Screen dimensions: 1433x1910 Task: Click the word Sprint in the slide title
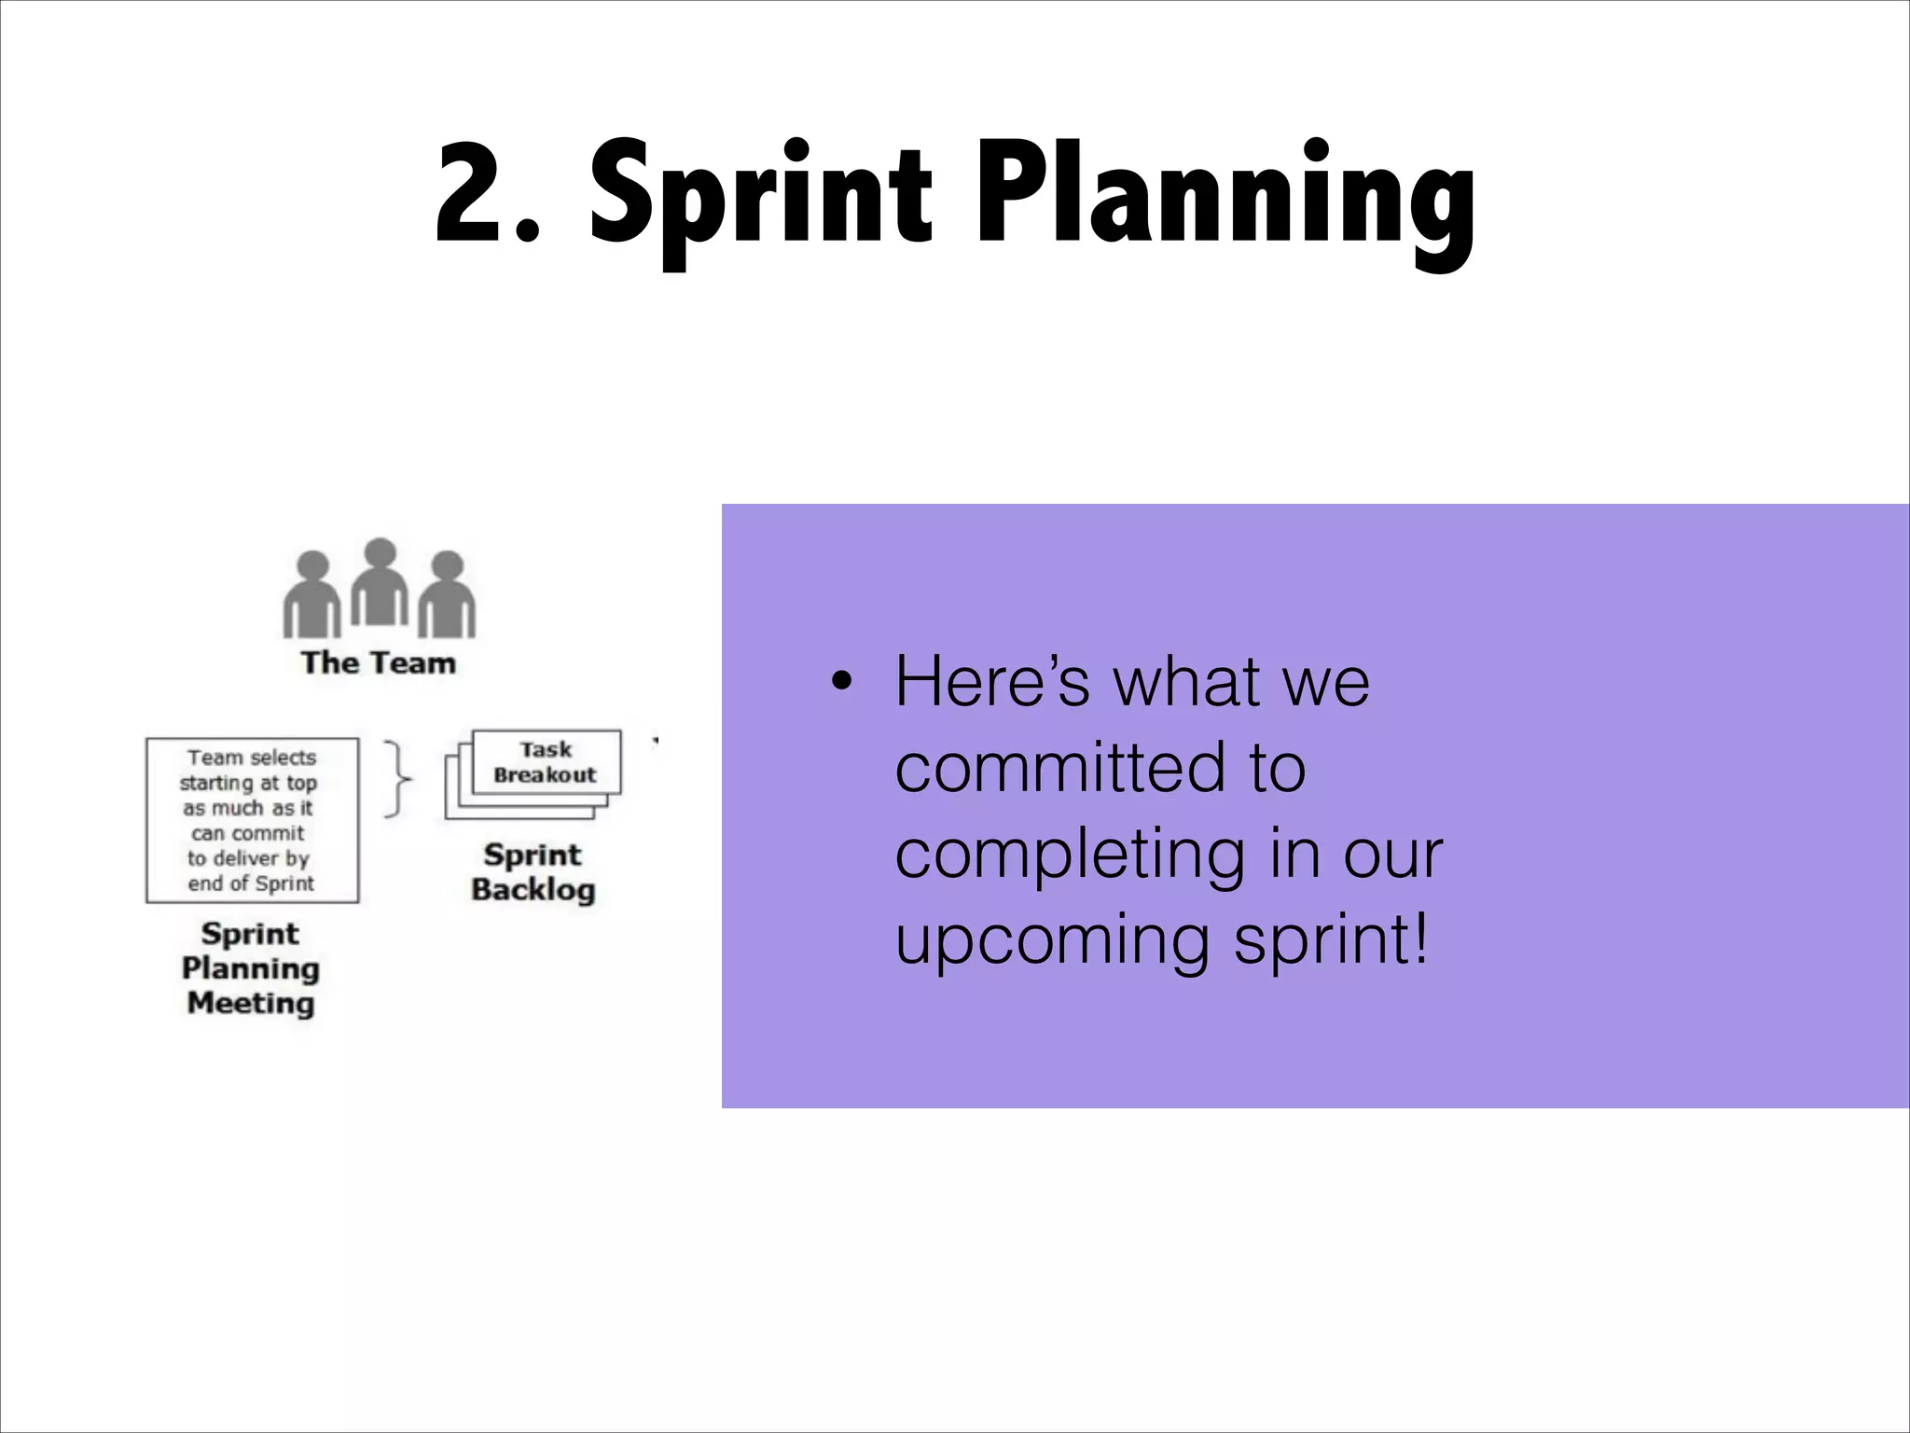click(x=760, y=196)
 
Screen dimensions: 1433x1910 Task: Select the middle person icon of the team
click(x=379, y=582)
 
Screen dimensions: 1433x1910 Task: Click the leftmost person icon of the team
click(x=311, y=595)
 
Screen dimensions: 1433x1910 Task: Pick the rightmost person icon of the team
click(x=447, y=595)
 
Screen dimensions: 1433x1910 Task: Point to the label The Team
click(x=378, y=663)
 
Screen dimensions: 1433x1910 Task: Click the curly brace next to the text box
click(x=398, y=779)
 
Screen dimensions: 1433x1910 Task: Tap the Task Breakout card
click(x=546, y=762)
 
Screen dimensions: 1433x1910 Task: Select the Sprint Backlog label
click(x=533, y=872)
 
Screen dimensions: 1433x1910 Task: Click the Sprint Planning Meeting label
click(x=250, y=968)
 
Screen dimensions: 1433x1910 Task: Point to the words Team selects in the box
click(x=252, y=758)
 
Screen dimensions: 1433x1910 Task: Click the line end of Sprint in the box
click(x=251, y=883)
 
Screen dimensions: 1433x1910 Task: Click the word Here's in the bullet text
click(x=991, y=681)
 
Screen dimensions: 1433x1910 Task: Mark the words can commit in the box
click(x=248, y=833)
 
